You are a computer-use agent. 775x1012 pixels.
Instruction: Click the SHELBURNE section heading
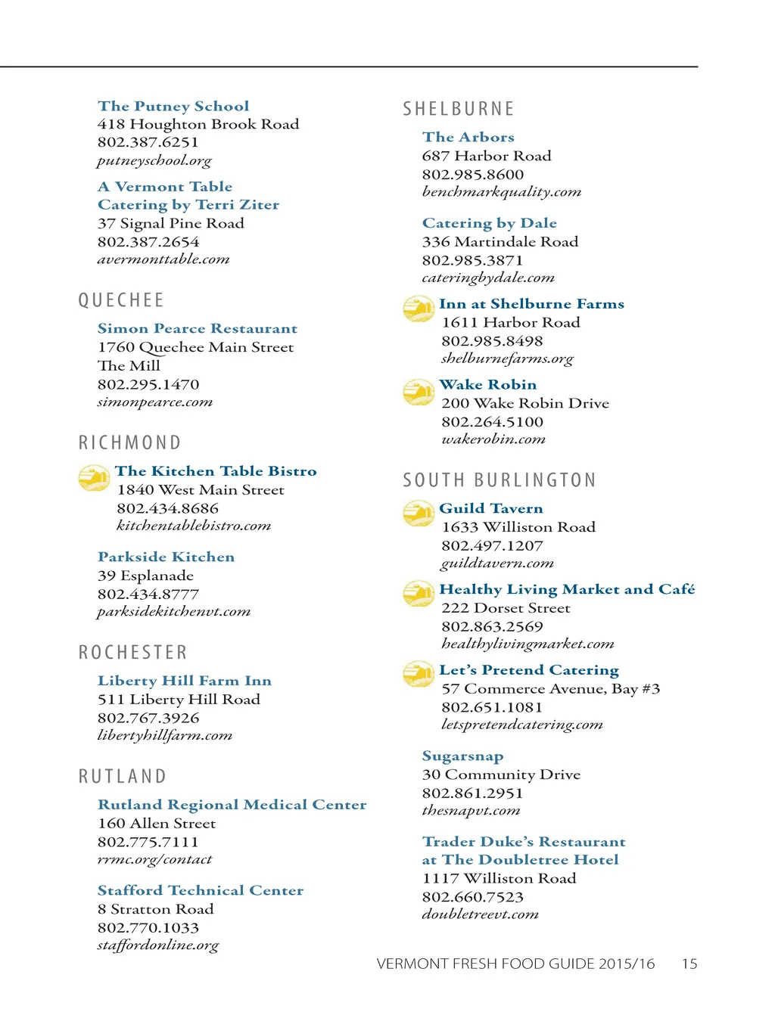[458, 109]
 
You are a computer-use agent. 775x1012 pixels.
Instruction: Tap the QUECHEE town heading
[121, 300]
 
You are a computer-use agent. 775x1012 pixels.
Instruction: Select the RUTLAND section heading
[123, 777]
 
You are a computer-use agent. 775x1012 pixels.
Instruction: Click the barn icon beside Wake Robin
[418, 392]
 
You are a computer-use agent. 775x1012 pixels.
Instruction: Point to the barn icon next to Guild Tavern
[418, 514]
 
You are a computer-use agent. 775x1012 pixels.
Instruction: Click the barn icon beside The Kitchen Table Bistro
[94, 477]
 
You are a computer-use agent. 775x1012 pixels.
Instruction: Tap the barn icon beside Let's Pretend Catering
[418, 673]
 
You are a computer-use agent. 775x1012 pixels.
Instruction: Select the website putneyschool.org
[154, 160]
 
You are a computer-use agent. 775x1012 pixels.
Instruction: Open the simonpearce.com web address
[154, 402]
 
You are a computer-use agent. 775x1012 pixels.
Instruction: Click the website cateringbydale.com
[488, 278]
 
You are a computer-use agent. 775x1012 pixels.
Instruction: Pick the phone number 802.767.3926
[148, 718]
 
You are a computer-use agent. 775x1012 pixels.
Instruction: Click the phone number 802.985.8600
[472, 174]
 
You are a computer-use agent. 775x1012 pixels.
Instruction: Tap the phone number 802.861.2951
[472, 793]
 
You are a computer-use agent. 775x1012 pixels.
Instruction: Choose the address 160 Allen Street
[156, 823]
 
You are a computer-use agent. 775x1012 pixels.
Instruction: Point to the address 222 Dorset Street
[506, 608]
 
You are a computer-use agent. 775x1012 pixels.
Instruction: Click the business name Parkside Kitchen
[166, 557]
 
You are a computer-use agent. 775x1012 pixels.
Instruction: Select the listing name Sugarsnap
[462, 756]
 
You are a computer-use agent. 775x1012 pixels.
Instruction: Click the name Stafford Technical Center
[200, 890]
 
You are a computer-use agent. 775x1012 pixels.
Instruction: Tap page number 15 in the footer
[689, 964]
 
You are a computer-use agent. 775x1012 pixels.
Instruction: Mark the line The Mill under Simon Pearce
[129, 365]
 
